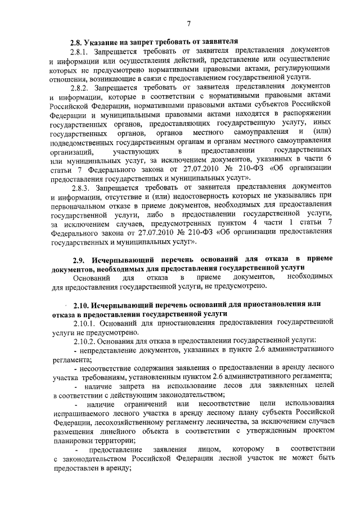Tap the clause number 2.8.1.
tap(79, 51)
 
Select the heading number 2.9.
tap(81, 260)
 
